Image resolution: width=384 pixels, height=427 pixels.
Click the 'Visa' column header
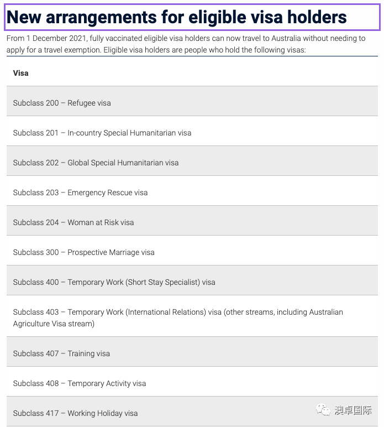21,73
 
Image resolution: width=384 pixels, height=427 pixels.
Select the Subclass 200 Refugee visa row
62,103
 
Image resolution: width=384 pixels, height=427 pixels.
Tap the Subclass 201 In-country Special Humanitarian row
102,133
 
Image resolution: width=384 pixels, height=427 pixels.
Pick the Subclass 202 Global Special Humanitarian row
96,163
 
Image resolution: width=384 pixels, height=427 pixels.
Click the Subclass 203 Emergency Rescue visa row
80,192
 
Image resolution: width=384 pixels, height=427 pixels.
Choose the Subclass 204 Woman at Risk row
73,222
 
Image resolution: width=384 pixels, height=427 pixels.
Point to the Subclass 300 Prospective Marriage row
83,252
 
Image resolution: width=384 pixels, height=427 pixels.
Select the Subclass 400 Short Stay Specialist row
114,282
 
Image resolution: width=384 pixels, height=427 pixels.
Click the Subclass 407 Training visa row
61,353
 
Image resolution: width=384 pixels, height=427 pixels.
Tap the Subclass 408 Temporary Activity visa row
80,383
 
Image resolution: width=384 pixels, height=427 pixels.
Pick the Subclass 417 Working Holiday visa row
75,413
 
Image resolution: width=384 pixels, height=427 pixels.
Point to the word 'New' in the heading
25,18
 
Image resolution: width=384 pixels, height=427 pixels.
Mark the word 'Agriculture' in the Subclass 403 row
34,324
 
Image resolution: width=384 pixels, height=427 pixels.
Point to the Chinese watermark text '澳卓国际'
353,410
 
